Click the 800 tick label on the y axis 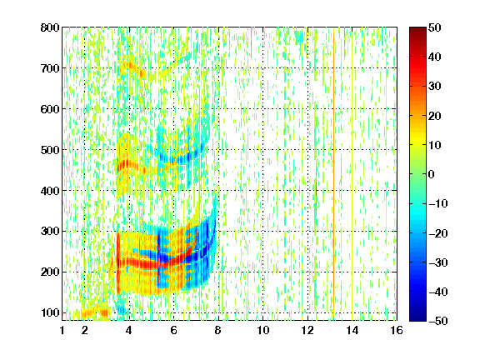(x=50, y=27)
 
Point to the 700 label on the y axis (x=50, y=68)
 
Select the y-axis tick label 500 (x=50, y=150)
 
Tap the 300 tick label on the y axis (x=50, y=232)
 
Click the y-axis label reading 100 (x=50, y=312)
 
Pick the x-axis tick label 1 (x=62, y=330)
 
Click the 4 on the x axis (x=129, y=330)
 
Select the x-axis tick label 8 (x=218, y=330)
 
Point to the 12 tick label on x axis (x=307, y=330)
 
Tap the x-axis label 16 (x=397, y=330)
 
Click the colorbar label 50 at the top (x=435, y=27)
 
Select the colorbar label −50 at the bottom (x=438, y=321)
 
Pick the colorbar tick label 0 (x=431, y=174)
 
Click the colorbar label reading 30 (x=435, y=87)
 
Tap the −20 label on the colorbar (x=438, y=233)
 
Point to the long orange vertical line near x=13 (x=333, y=173)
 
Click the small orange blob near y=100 (x=104, y=312)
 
